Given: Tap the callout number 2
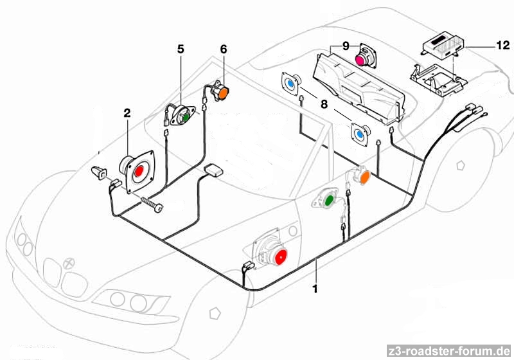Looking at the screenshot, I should [127, 113].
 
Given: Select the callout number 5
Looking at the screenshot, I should [181, 49].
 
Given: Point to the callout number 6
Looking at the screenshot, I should [224, 49].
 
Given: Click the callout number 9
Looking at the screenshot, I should [345, 46].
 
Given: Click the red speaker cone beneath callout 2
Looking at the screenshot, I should [138, 172].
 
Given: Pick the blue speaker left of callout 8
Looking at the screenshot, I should [291, 84].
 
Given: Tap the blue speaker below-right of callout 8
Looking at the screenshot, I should [359, 133].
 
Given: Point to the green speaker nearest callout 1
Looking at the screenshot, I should [329, 201].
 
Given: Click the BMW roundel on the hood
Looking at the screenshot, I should [70, 264].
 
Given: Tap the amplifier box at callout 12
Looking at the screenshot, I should [442, 44].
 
